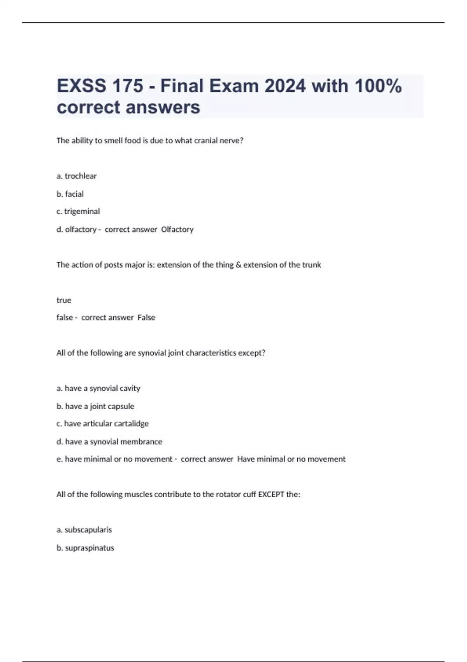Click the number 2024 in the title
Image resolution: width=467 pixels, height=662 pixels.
click(285, 86)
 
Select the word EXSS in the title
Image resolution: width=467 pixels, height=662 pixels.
click(81, 86)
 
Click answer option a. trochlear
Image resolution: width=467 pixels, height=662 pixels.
click(77, 176)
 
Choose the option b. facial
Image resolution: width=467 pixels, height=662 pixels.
click(70, 194)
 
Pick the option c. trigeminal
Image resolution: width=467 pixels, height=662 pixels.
click(78, 211)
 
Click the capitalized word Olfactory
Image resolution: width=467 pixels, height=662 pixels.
click(177, 229)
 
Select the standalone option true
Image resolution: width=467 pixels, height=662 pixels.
click(64, 300)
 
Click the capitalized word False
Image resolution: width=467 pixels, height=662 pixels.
click(146, 318)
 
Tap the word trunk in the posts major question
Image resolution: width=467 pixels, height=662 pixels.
click(312, 265)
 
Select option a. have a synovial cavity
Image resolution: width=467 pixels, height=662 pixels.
click(98, 388)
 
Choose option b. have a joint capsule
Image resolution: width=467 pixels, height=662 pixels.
click(95, 406)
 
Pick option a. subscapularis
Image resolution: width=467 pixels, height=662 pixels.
click(84, 530)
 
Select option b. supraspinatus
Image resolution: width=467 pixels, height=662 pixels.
click(85, 548)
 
